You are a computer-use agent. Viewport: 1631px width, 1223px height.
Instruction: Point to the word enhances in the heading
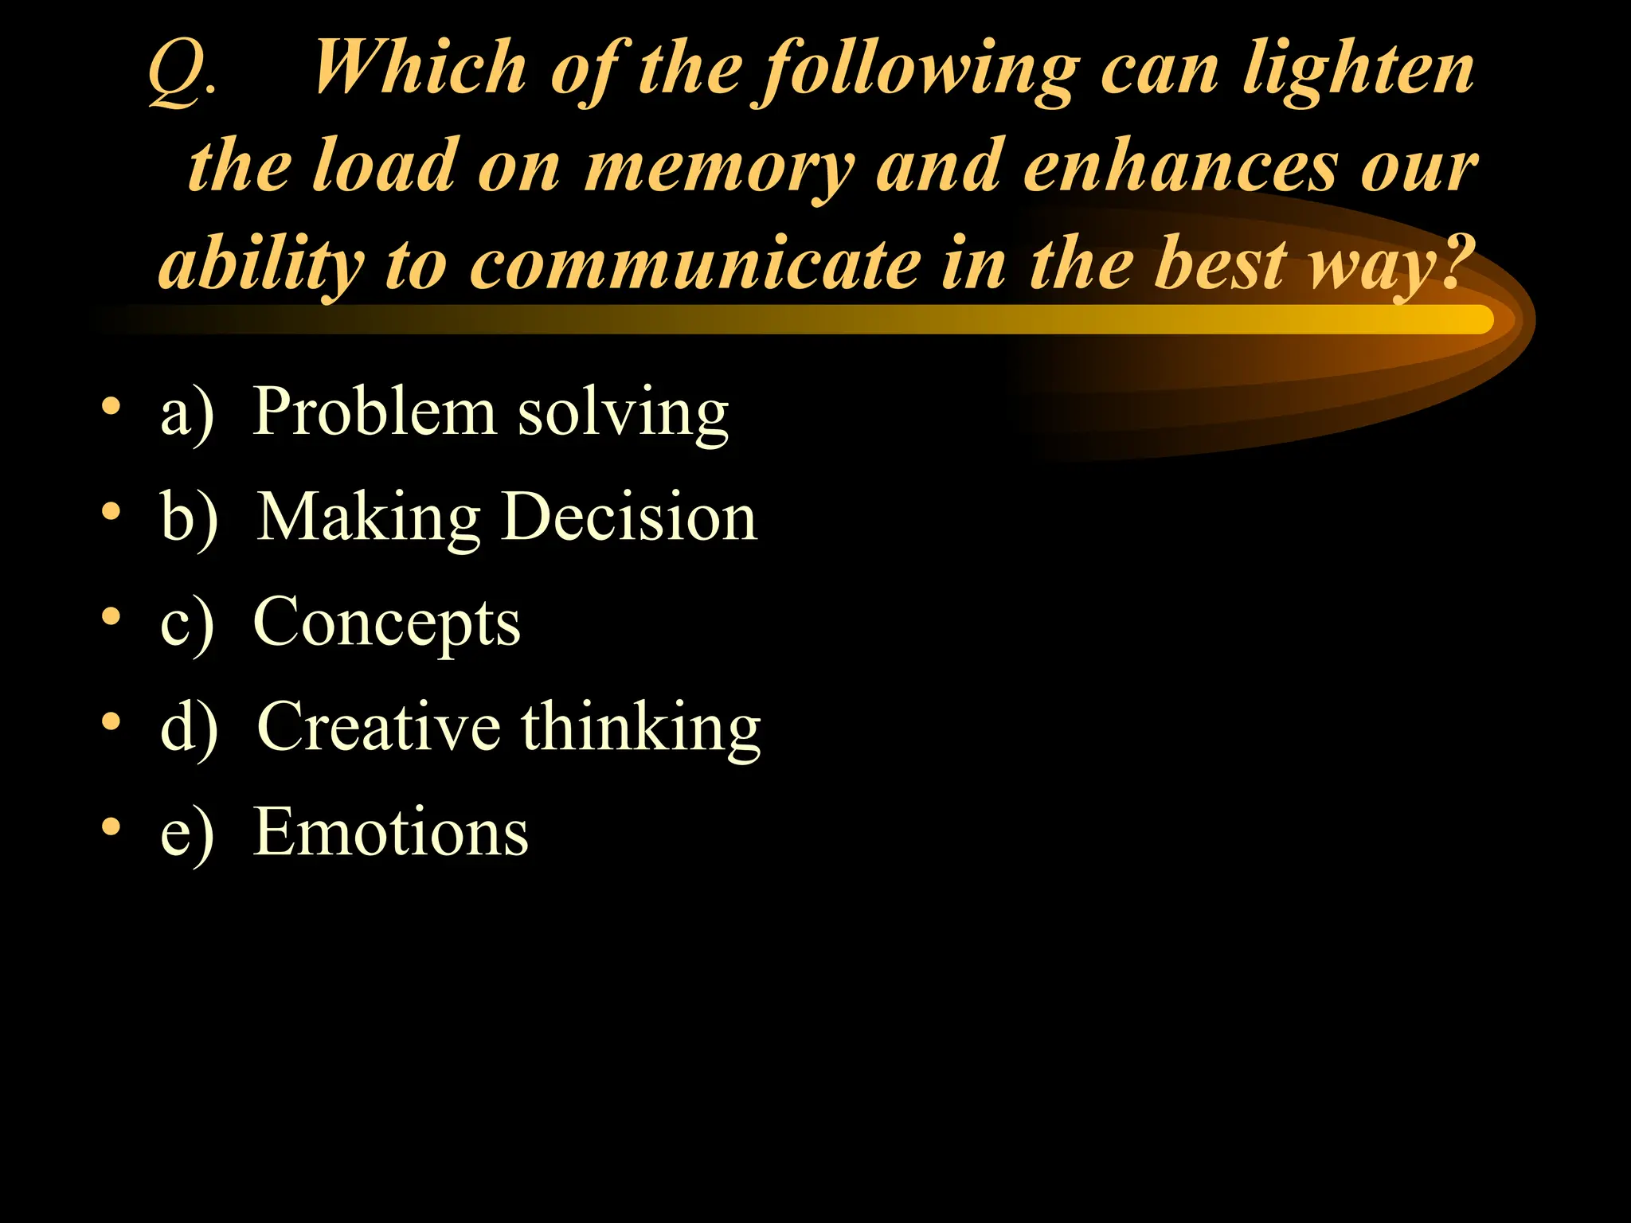pos(1179,167)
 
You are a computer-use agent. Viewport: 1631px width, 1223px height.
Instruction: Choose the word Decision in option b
pos(630,517)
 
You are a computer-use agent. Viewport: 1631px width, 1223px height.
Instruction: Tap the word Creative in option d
pos(378,726)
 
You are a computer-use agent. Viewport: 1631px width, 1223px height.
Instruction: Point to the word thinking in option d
pos(641,729)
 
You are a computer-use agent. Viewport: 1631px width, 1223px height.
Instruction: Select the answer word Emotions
pos(390,832)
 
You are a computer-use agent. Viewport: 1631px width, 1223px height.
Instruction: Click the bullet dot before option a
pos(111,407)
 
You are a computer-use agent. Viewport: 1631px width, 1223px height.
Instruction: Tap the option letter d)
pos(189,728)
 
